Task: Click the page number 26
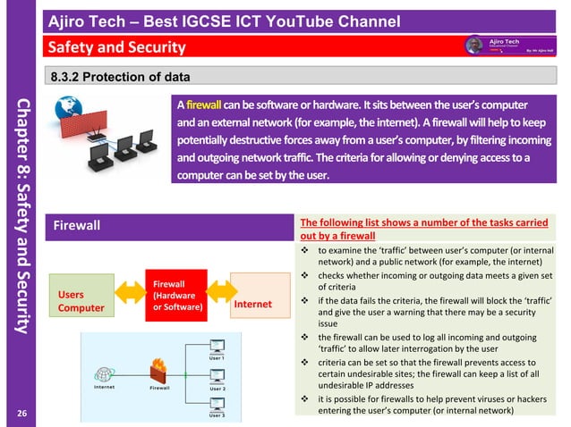(21, 412)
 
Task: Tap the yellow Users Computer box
(81, 301)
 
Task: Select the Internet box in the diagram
(252, 304)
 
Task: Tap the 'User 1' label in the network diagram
(217, 357)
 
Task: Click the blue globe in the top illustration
(70, 109)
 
